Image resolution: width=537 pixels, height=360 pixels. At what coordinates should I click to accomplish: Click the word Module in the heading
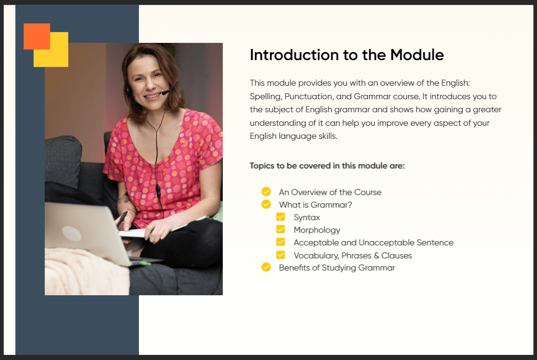417,55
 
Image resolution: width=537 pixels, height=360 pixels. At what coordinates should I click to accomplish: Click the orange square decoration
37,36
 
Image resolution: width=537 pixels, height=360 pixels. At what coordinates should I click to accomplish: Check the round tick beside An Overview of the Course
266,191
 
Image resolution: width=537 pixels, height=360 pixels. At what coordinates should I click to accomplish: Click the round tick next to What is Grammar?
266,204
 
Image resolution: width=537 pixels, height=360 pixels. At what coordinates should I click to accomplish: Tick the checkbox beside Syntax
281,217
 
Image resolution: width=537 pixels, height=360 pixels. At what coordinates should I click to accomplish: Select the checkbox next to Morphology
281,230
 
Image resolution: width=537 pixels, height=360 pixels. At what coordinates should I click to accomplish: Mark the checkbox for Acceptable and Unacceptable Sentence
281,242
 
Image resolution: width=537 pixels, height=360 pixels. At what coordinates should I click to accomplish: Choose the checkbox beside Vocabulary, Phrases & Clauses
281,255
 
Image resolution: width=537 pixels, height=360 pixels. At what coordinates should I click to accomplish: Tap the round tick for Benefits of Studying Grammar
266,267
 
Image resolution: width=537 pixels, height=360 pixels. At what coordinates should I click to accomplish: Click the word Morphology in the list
317,231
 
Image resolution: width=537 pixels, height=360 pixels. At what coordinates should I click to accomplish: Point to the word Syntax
307,217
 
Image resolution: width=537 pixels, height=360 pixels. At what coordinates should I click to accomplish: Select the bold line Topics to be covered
327,166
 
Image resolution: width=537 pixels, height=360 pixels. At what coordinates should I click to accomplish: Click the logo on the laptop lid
72,233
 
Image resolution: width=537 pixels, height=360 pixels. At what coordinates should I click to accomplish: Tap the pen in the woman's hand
122,219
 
